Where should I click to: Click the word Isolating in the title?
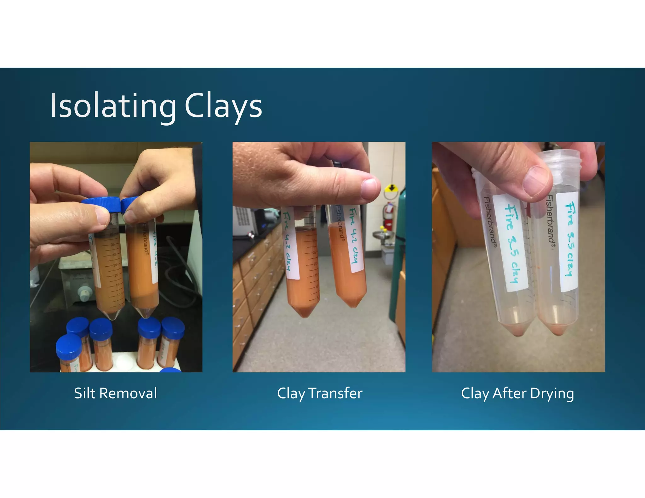(113, 106)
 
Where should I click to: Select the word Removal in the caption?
(128, 393)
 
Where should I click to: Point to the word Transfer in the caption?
(335, 393)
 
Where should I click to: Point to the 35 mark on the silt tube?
(113, 244)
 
